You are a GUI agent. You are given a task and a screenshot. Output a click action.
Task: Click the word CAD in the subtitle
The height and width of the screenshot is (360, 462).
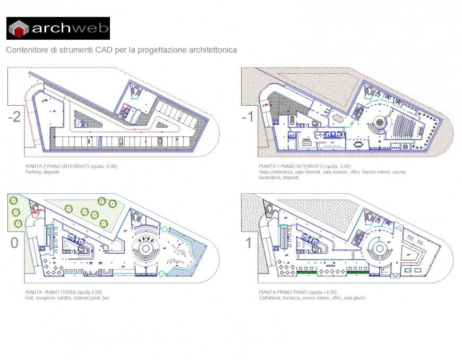[x=105, y=50]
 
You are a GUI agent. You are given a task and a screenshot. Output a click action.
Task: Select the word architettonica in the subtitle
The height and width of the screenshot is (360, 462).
[x=209, y=50]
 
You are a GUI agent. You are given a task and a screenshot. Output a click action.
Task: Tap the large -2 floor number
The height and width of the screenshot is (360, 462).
[x=14, y=117]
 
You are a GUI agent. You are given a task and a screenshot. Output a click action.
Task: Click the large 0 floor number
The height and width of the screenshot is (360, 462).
[x=14, y=244]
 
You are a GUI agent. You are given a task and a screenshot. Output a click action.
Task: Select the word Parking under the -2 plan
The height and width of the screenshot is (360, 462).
[x=33, y=172]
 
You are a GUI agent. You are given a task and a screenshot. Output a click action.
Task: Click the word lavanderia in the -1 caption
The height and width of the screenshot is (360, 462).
[x=271, y=178]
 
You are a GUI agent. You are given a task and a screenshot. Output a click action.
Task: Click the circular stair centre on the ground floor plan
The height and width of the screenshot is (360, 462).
[x=147, y=247]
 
